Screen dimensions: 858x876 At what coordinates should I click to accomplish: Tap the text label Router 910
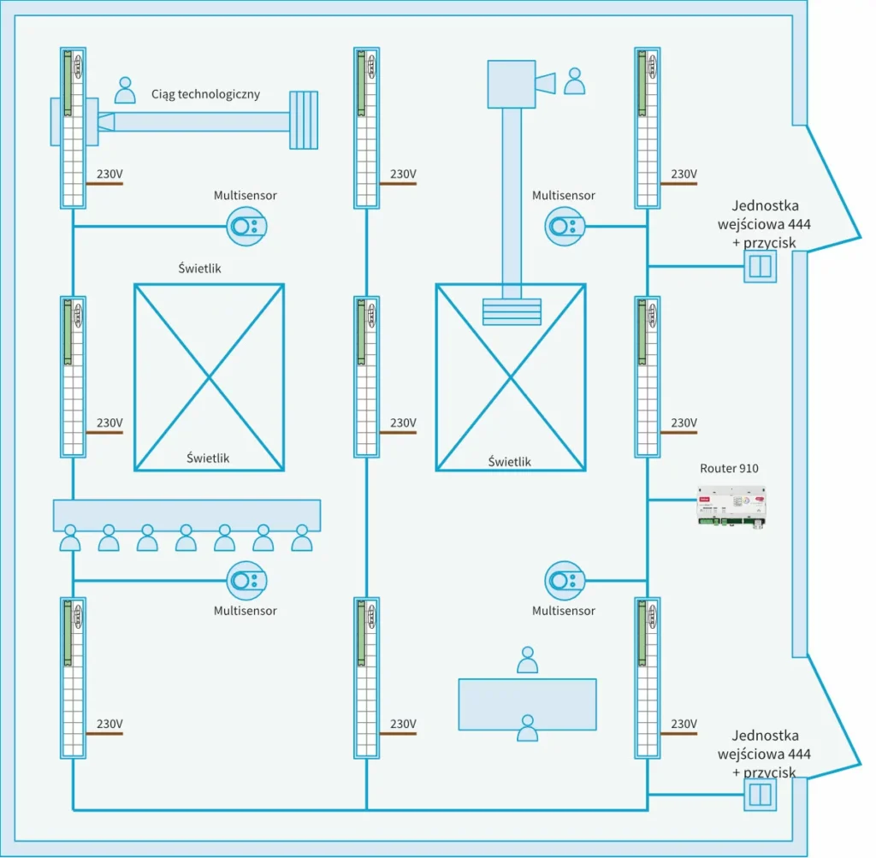coord(729,468)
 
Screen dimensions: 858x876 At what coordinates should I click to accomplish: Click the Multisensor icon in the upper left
coord(246,227)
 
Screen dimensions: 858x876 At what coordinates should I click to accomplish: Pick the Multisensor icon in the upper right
coord(565,227)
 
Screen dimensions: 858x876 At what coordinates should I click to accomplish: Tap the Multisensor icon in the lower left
coord(246,581)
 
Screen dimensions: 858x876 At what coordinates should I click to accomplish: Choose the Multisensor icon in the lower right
coord(565,581)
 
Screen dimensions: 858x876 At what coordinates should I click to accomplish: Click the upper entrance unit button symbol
coord(759,268)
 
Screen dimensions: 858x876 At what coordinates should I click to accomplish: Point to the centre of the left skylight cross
coord(209,377)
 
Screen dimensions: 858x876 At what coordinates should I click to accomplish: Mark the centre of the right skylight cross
coord(511,377)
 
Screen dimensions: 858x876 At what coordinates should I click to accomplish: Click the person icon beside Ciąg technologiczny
coord(126,90)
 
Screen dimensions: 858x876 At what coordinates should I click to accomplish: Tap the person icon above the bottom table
coord(528,660)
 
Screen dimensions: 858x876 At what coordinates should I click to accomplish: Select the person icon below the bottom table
coord(528,728)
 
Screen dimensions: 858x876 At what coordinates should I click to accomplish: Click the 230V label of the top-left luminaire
coord(109,174)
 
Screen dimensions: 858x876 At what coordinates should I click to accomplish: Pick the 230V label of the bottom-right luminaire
coord(684,724)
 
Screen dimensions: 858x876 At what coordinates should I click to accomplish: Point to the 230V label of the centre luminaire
coord(403,423)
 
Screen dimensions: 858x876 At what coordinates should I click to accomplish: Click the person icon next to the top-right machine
coord(575,81)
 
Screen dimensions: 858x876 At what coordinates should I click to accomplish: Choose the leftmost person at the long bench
coord(69,538)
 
